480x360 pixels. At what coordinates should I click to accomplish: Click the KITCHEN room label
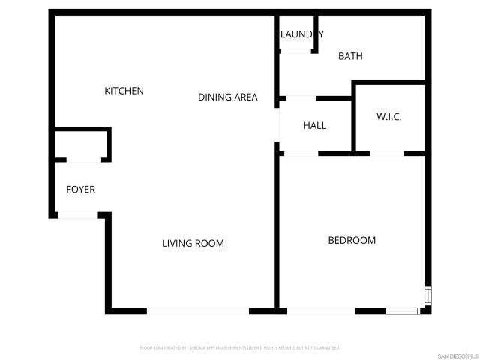point(124,91)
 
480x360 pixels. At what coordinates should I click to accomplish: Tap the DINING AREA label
point(227,97)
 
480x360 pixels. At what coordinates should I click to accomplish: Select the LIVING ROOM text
point(193,243)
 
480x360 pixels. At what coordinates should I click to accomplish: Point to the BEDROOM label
point(352,240)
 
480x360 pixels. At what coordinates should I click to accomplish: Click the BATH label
point(350,56)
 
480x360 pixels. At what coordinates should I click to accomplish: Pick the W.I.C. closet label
point(389,117)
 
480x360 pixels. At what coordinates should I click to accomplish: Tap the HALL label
point(315,125)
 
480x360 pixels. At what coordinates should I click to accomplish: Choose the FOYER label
point(81,189)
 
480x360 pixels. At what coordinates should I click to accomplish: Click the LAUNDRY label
point(301,34)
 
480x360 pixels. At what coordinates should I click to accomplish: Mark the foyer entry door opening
point(77,215)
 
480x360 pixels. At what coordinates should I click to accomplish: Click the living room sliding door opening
point(198,310)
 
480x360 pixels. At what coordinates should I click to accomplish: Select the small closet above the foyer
point(82,144)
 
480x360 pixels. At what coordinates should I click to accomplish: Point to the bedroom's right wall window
point(427,295)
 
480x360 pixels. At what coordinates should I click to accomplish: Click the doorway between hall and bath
point(301,97)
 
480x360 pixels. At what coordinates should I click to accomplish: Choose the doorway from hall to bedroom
point(301,154)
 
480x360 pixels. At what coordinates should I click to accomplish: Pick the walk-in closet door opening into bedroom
point(387,154)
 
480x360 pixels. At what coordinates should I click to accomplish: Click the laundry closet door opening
point(297,51)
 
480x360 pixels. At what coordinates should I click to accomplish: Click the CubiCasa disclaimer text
point(240,348)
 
